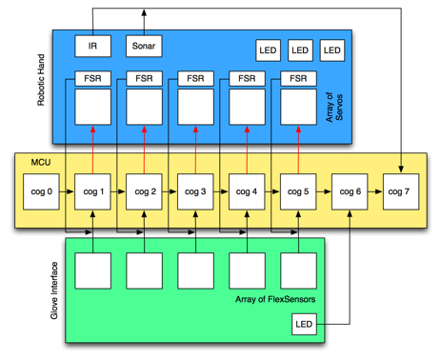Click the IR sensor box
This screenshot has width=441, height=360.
(x=92, y=45)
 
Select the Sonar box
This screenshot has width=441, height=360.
(x=144, y=45)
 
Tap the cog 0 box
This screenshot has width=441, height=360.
(x=41, y=191)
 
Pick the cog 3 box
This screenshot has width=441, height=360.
(x=195, y=191)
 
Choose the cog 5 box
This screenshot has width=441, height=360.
(x=298, y=191)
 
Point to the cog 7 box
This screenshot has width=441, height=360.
(x=401, y=191)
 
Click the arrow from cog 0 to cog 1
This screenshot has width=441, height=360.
(x=67, y=191)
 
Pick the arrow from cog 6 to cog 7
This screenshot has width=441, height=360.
(x=375, y=191)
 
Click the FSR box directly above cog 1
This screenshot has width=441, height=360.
(x=92, y=77)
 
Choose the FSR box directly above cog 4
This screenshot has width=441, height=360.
(x=247, y=77)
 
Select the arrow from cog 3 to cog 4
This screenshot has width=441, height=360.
(x=221, y=191)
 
